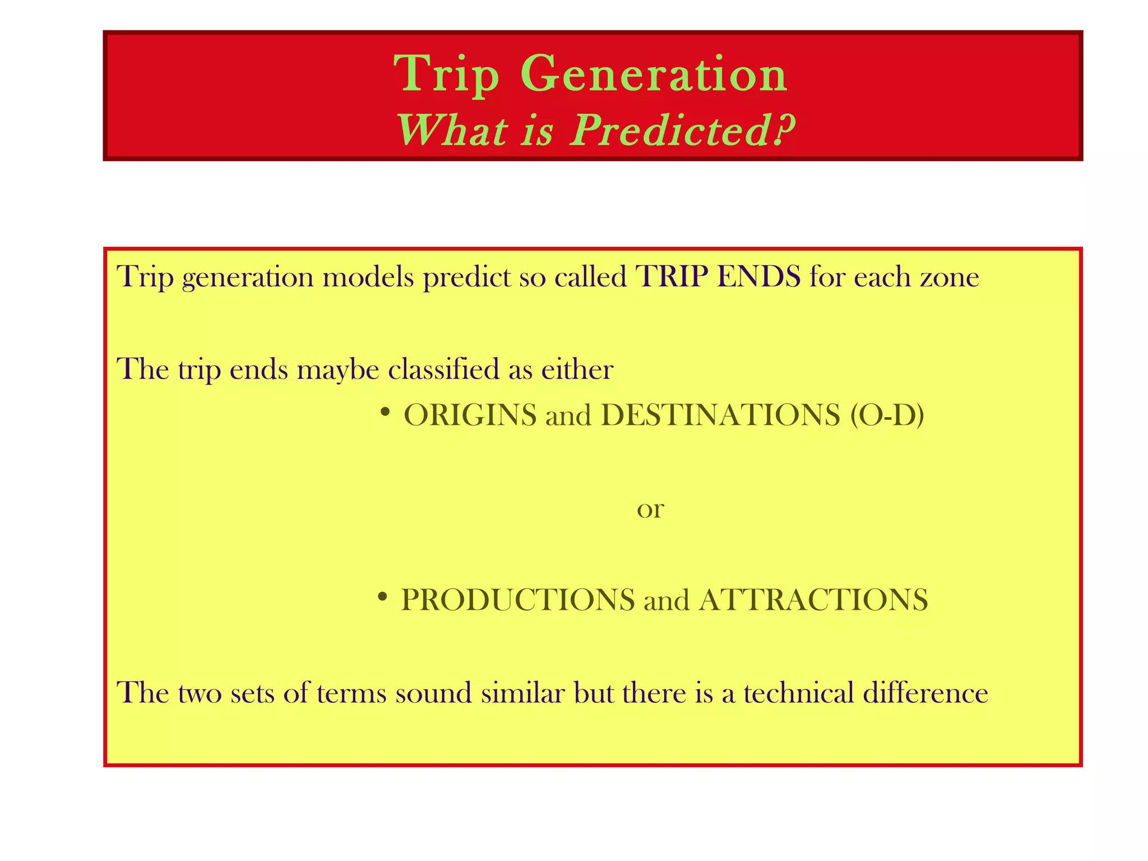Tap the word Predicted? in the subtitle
coord(683,131)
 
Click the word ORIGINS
coord(470,415)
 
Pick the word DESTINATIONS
coord(720,415)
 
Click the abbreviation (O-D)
coord(887,415)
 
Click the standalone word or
coord(650,509)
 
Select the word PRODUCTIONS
coord(518,600)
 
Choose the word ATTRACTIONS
coord(813,600)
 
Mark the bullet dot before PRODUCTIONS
coord(382,598)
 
